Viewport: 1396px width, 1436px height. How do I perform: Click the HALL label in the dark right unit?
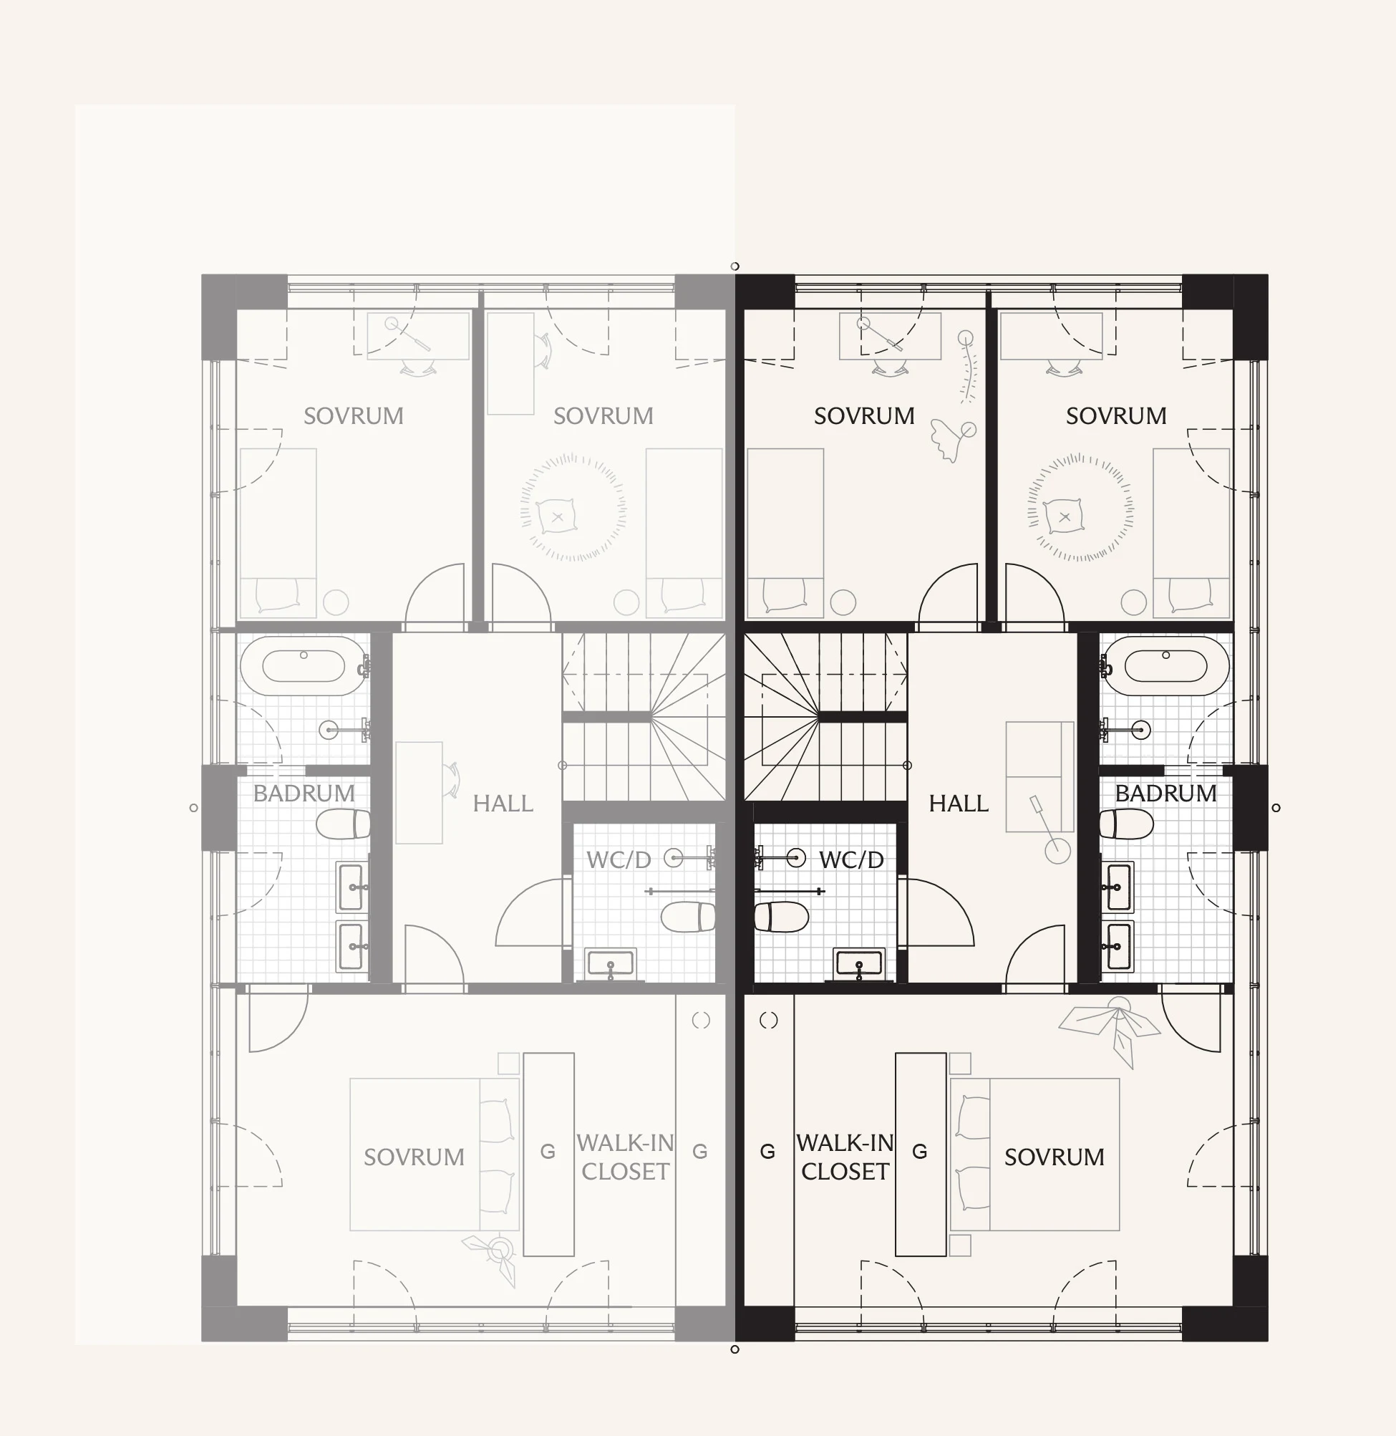(959, 804)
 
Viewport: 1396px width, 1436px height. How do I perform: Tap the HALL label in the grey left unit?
(503, 804)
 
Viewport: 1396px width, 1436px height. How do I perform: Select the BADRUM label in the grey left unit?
(304, 794)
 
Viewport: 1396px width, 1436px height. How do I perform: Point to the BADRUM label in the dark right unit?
(1165, 794)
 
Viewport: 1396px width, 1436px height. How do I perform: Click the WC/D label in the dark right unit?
(851, 859)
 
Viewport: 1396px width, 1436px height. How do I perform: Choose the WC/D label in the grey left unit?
(619, 859)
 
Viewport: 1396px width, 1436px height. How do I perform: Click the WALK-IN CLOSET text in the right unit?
(845, 1157)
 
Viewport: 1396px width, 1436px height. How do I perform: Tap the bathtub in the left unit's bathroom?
(303, 666)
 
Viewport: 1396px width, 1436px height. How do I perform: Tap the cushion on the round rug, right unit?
(1065, 517)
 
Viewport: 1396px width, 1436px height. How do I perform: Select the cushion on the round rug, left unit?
(557, 517)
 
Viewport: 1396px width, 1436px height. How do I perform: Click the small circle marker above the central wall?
(735, 266)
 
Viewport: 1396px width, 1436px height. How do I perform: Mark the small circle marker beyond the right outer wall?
(1276, 807)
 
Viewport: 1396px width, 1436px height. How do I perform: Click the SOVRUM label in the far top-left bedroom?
(354, 416)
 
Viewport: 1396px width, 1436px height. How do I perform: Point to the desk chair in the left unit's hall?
(451, 779)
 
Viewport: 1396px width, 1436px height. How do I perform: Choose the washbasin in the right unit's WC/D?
(859, 964)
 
